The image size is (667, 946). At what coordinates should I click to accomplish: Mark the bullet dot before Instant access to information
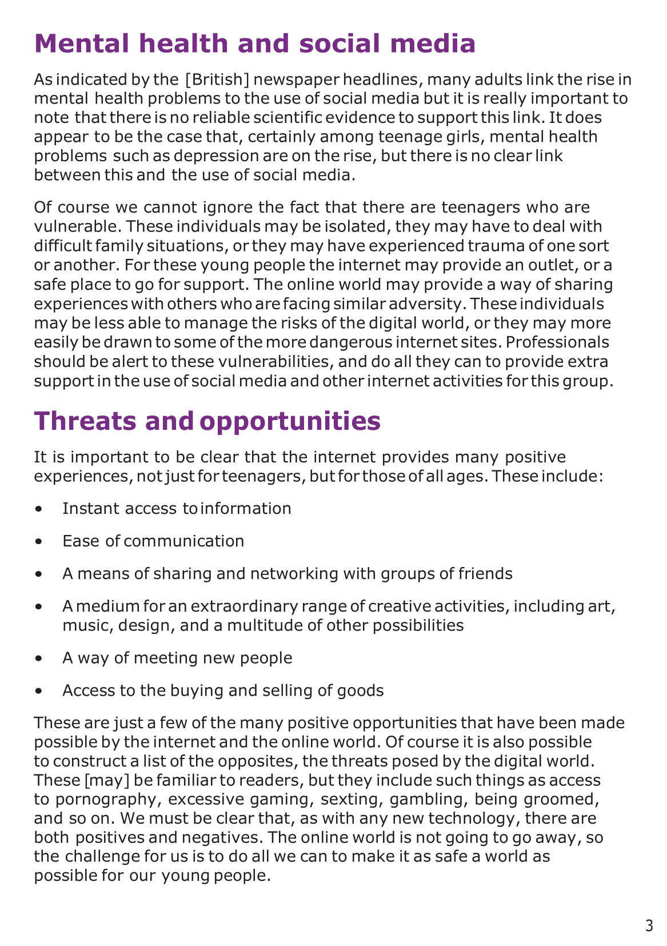(x=38, y=509)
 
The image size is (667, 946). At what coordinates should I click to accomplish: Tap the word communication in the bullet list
(x=183, y=541)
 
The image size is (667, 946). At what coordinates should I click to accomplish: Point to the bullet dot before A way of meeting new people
(x=38, y=658)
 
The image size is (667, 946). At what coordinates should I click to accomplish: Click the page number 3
(x=649, y=926)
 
